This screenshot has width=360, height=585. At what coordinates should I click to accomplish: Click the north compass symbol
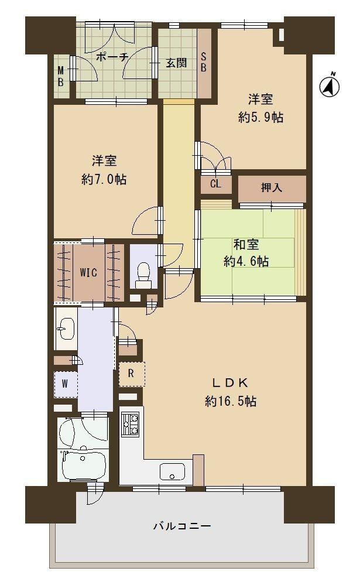(330, 85)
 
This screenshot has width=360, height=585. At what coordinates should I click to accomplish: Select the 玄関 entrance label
(176, 63)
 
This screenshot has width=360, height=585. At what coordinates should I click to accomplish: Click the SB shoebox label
(204, 62)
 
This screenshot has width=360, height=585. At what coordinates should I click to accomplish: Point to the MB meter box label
(60, 77)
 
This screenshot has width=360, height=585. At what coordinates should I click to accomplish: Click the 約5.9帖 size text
(260, 117)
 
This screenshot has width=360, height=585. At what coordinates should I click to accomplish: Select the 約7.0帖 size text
(104, 179)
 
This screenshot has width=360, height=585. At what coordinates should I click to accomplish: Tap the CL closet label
(215, 183)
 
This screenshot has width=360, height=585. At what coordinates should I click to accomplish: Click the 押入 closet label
(271, 187)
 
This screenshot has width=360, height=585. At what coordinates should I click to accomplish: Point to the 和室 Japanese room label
(246, 245)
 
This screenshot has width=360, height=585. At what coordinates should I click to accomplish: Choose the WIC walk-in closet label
(88, 273)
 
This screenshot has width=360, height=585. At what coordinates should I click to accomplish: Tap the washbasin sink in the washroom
(66, 329)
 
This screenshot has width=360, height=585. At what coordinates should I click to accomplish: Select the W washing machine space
(66, 384)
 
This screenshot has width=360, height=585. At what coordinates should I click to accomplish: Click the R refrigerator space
(131, 374)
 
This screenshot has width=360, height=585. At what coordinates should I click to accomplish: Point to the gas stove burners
(130, 425)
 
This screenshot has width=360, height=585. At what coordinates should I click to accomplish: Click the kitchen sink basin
(172, 472)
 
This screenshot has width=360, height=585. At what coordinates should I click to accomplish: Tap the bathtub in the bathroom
(83, 465)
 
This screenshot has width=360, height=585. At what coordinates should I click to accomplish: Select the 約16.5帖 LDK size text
(231, 402)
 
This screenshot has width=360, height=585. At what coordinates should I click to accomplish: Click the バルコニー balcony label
(182, 526)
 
